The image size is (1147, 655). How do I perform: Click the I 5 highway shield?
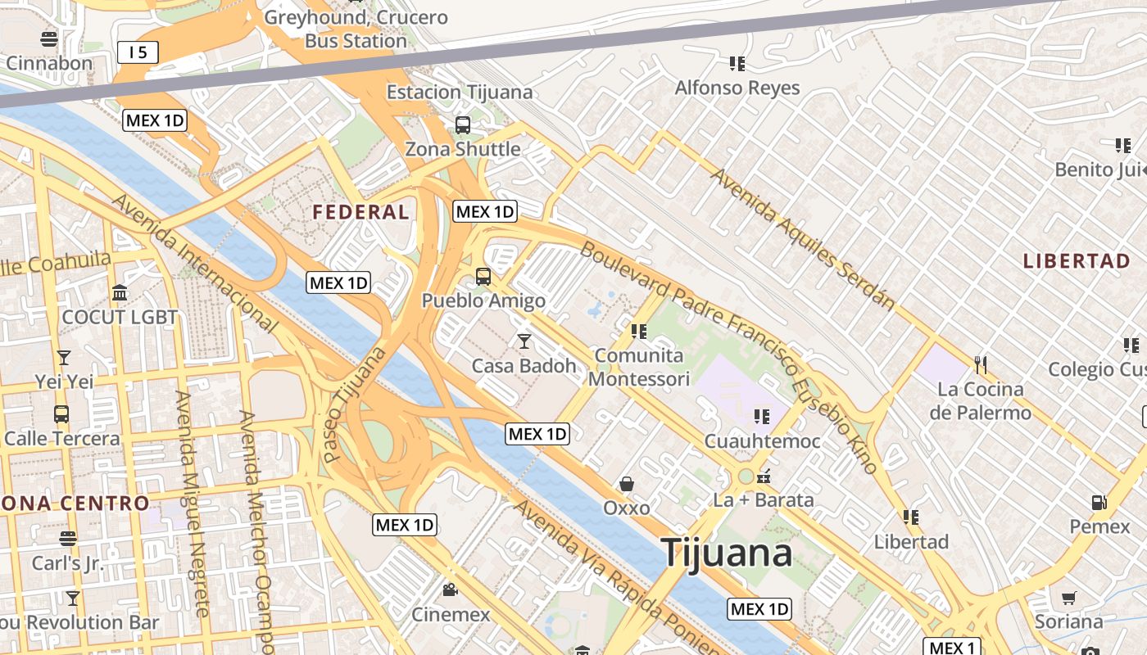137,52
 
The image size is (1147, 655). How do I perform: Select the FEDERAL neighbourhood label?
360,212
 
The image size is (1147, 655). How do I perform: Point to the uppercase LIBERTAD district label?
1077,261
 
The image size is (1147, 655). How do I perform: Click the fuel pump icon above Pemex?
1099,502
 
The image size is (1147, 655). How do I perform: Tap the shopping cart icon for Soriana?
1068,598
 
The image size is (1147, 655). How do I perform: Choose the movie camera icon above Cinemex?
450,589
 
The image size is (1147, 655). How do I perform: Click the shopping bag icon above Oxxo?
627,484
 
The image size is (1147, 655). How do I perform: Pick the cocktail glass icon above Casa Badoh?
524,341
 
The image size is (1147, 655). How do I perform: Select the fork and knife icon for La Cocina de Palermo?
980,364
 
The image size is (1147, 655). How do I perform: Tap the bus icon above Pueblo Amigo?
483,276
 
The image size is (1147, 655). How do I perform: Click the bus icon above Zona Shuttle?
463,124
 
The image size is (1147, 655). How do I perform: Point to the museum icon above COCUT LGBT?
120,292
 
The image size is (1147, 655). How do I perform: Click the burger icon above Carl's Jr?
68,539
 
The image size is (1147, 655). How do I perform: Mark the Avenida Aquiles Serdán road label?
802,238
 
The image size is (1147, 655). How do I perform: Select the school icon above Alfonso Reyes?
737,63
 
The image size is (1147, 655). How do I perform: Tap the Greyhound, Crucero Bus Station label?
356,29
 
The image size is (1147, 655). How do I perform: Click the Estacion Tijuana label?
460,92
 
